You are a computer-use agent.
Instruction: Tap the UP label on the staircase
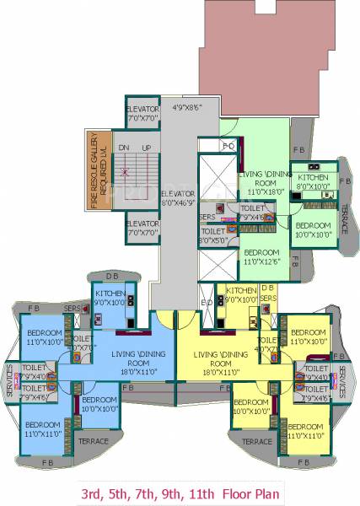point(147,148)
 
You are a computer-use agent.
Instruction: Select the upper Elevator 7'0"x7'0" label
point(142,116)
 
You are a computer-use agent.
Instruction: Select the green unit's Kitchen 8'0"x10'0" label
point(314,182)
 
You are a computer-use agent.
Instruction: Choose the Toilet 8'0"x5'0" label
point(212,235)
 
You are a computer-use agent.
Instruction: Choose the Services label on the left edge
point(8,379)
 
